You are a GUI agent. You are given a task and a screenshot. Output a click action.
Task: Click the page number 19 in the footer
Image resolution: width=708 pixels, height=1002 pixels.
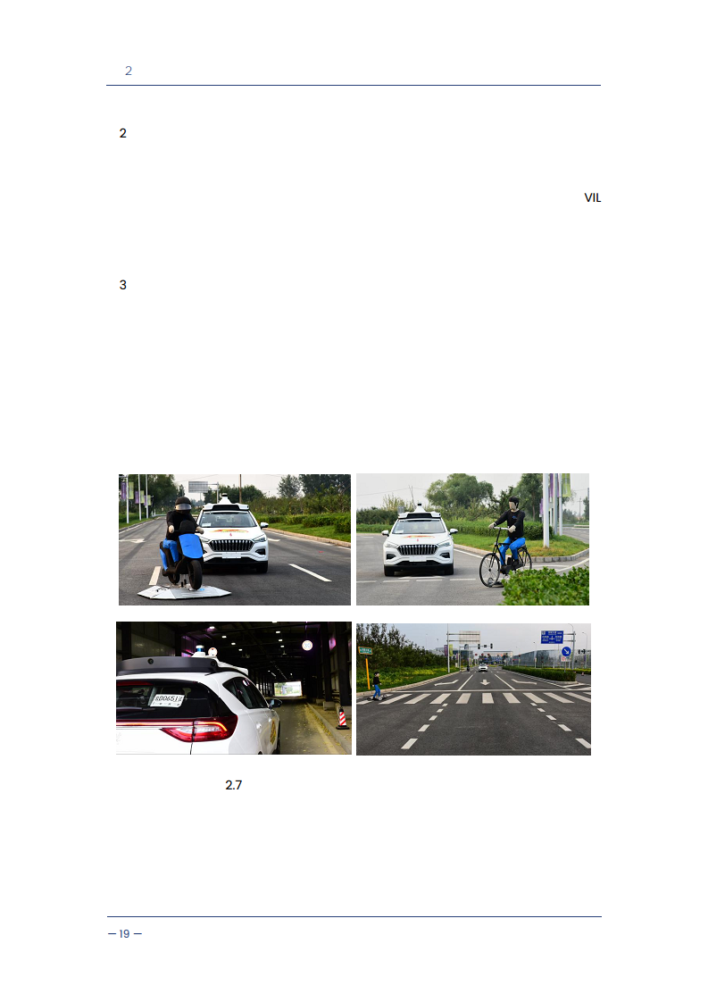[x=125, y=933]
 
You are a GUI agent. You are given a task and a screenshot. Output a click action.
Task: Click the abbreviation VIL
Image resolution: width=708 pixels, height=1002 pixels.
[x=592, y=198]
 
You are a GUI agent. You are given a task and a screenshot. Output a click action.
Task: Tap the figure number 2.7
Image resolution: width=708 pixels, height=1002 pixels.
[x=233, y=785]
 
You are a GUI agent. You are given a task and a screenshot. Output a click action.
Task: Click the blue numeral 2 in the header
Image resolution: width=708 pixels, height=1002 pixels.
[x=129, y=71]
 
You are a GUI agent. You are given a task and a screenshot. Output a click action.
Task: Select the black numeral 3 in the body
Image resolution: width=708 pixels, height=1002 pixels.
[x=122, y=285]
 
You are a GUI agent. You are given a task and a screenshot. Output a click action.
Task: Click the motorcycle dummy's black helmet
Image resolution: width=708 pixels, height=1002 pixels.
[x=183, y=503]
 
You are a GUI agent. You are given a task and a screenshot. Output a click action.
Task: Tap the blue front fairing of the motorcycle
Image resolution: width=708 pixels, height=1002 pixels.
[x=191, y=547]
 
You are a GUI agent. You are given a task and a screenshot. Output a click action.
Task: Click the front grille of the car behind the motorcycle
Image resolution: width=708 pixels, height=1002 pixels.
[x=231, y=545]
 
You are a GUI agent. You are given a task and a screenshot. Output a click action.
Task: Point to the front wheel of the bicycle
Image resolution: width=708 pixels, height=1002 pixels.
[x=490, y=570]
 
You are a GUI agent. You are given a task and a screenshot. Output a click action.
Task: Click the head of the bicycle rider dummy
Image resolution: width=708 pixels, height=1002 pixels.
[x=513, y=503]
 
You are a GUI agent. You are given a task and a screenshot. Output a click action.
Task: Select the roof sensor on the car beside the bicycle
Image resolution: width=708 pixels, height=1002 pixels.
[x=420, y=510]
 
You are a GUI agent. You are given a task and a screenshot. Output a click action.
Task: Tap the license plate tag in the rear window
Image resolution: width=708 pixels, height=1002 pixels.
[x=166, y=700]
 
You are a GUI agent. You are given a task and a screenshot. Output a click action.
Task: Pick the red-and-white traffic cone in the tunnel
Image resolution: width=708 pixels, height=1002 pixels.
[x=342, y=719]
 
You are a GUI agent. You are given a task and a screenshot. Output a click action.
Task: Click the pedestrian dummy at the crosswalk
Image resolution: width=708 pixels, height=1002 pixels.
[x=377, y=686]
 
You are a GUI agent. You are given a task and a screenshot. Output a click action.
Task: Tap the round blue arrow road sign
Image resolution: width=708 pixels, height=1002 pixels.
[x=565, y=651]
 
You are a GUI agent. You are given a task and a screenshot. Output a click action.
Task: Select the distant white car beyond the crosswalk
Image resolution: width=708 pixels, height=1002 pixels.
[x=483, y=668]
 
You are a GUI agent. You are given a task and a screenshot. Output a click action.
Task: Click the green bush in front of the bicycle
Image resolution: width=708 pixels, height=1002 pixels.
[x=547, y=586]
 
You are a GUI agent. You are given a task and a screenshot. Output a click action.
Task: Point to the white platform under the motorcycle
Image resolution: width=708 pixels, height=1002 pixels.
[x=183, y=592]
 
